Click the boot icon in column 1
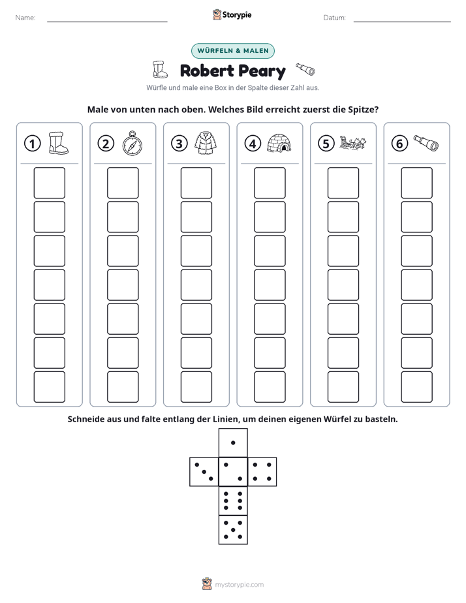[59, 143]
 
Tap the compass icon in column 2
[132, 144]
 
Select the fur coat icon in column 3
[206, 144]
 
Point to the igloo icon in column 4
[279, 143]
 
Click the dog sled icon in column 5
[352, 143]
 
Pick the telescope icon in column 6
[426, 143]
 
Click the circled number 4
[253, 144]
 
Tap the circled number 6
[399, 144]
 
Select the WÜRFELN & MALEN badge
[233, 51]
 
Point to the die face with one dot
[233, 443]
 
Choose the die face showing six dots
[233, 501]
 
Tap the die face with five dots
[233, 529]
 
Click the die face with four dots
[262, 472]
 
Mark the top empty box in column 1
[50, 183]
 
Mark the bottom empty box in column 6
[417, 387]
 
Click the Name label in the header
[25, 18]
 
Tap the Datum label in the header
[335, 18]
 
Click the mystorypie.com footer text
[239, 585]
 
